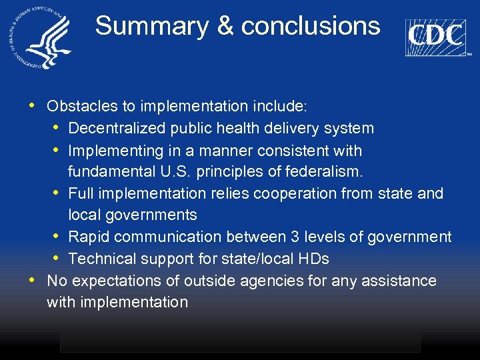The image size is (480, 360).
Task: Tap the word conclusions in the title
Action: tap(311, 26)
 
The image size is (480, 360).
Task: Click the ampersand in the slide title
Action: tap(225, 26)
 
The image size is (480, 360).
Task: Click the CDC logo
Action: tap(436, 36)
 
